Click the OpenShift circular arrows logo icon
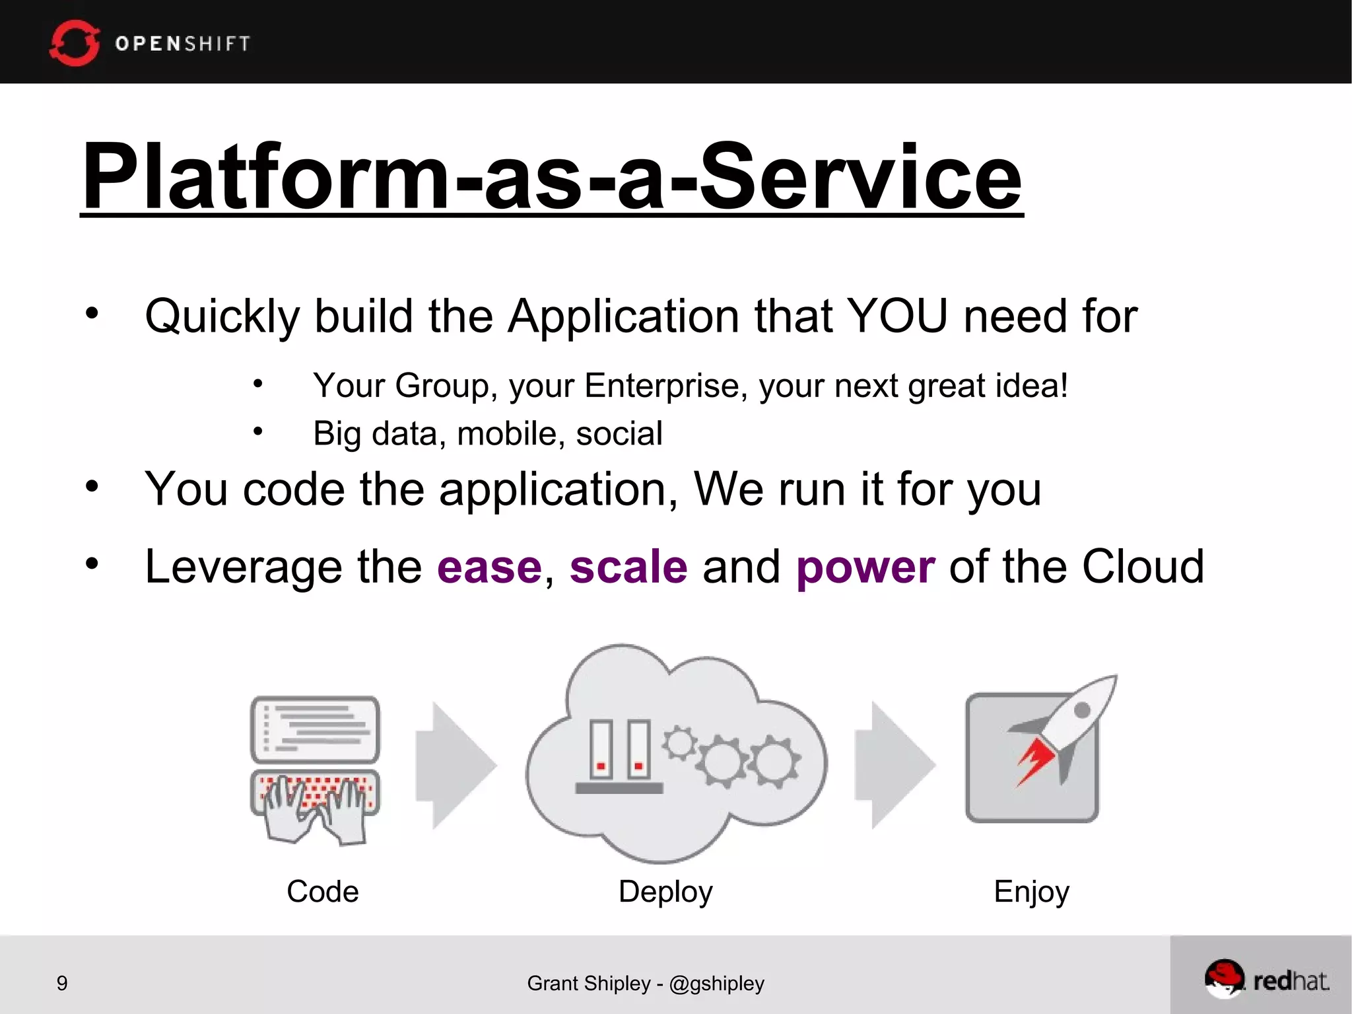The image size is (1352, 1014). coord(74,43)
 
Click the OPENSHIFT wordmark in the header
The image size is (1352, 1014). coord(183,44)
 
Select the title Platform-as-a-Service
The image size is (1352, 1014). coord(551,177)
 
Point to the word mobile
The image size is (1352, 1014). coord(510,434)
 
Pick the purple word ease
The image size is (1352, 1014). coord(489,567)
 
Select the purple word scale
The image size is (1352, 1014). coord(628,567)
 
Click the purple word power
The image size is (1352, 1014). coord(865,567)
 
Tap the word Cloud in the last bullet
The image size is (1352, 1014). coord(1143,567)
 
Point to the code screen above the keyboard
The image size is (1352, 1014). coord(316,729)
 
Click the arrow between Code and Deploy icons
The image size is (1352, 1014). coord(456,765)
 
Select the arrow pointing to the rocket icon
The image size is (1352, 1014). coord(895,765)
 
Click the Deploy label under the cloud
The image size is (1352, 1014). coord(665,892)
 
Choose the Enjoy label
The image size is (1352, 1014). coord(1031,892)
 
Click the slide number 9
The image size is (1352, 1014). coord(62,983)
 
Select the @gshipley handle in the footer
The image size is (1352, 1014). coord(716,984)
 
